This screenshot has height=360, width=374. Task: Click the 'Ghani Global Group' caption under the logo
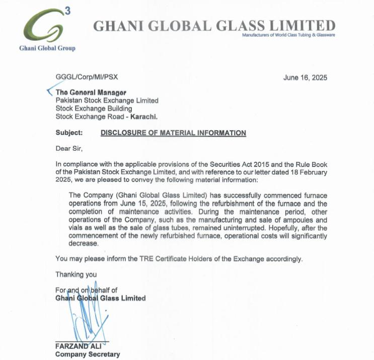coord(47,48)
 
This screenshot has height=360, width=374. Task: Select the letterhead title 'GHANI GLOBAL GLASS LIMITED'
coord(214,25)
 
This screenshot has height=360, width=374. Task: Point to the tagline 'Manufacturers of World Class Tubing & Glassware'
coord(288,35)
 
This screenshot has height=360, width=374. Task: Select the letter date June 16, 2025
coord(306,77)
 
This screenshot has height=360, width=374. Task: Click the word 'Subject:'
coord(69,133)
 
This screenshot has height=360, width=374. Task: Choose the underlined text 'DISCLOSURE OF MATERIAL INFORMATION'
coord(173,133)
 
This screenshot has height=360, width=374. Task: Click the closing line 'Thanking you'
coord(76,275)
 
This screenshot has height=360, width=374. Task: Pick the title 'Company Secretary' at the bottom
coord(87,354)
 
